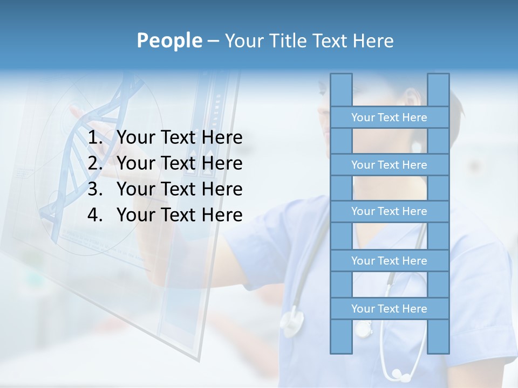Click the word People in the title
coord(169,41)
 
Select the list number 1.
coord(95,138)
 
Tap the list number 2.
coord(95,163)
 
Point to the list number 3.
coord(95,189)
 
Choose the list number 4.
coord(95,215)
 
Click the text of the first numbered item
coord(179,138)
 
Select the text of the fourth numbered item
coord(179,215)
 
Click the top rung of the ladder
coord(389,117)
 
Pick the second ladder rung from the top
coord(389,165)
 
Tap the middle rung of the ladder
coord(389,211)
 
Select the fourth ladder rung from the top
coord(389,261)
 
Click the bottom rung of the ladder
coord(389,309)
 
